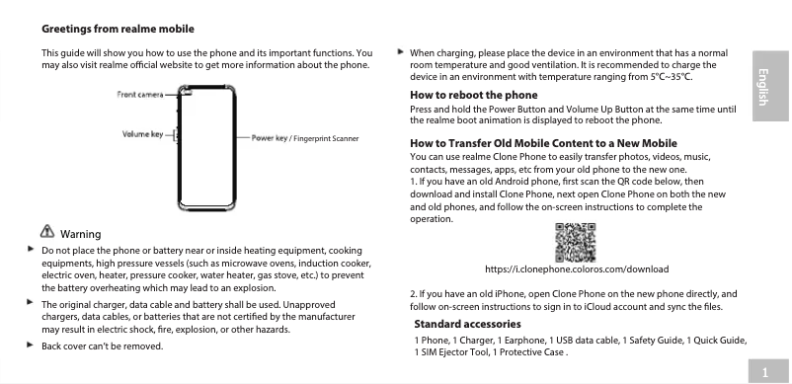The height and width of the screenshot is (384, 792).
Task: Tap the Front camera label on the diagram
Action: coord(140,94)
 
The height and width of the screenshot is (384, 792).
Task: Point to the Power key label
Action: coord(270,137)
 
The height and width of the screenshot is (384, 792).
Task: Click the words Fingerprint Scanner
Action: coord(327,138)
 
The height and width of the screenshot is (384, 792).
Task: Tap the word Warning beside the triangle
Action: coord(81,234)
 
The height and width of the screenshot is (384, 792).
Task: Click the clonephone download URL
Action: coord(577,269)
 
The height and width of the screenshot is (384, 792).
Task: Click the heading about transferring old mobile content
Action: coord(542,143)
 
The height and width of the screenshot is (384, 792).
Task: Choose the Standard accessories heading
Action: coord(467,324)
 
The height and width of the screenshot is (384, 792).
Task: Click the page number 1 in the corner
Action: coord(766,371)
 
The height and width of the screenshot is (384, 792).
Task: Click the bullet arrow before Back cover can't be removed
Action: coord(31,346)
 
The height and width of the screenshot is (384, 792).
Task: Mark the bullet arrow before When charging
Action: coord(399,50)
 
